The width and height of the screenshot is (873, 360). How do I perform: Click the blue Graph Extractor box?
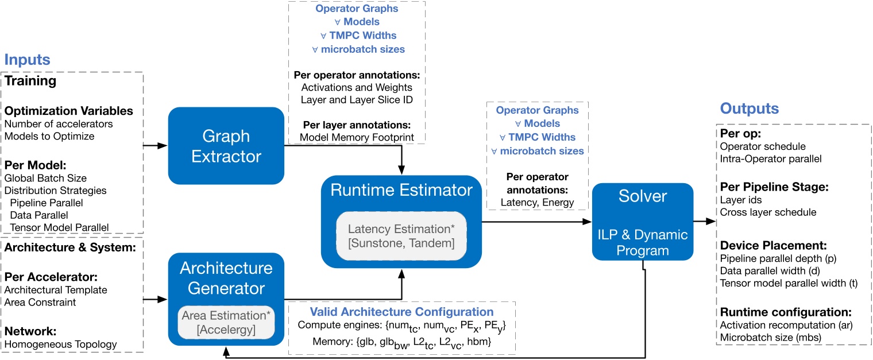[226, 146]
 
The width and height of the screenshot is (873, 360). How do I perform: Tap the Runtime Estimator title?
[401, 191]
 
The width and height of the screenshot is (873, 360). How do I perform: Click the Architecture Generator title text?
[226, 277]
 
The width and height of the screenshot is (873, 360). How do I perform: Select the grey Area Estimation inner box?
[226, 323]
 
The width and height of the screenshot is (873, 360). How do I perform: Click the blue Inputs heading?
[27, 60]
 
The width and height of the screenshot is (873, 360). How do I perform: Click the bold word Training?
[30, 81]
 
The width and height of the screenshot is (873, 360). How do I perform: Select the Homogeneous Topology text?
[60, 344]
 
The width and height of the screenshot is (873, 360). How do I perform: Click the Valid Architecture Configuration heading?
[401, 312]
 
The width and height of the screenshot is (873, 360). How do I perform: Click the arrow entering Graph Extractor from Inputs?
[155, 146]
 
